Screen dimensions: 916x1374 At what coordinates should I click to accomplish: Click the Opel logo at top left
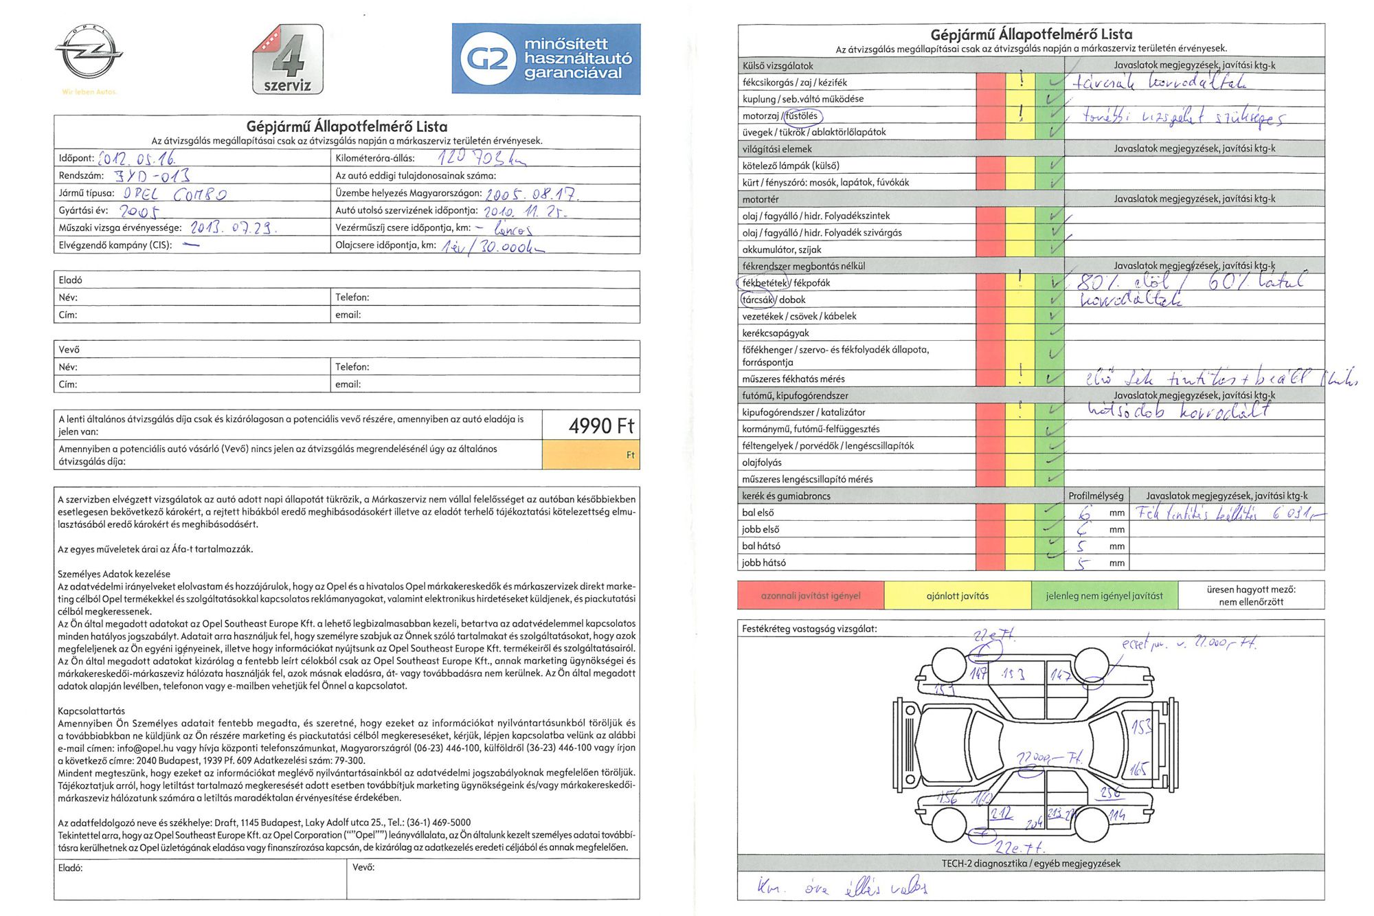(x=89, y=52)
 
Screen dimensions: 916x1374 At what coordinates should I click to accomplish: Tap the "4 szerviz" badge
(x=288, y=60)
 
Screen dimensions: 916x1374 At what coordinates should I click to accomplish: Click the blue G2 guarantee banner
(x=545, y=59)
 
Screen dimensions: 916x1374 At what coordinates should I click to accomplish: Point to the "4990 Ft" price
(x=600, y=426)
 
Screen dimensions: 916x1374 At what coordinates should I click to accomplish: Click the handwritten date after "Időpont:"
(x=137, y=159)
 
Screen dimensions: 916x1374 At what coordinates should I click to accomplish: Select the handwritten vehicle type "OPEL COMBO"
(x=174, y=194)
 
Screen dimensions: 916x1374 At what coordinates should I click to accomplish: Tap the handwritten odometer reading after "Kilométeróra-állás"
(x=481, y=158)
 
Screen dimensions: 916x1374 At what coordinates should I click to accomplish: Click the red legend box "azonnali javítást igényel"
(x=810, y=596)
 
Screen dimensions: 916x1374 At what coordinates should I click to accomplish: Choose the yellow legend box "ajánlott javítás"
(x=957, y=596)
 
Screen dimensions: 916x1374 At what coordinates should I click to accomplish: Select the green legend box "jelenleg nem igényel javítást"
(x=1104, y=596)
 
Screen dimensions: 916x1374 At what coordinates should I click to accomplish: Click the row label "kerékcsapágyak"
(x=776, y=333)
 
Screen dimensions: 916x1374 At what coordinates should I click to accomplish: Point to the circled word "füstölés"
(x=802, y=116)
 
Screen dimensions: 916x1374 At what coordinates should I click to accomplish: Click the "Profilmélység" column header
(x=1096, y=496)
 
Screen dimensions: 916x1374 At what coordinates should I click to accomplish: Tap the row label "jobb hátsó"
(x=764, y=563)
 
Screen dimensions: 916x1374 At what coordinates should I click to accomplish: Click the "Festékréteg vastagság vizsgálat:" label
(x=809, y=629)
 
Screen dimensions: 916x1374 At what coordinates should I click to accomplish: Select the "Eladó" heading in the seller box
(x=70, y=280)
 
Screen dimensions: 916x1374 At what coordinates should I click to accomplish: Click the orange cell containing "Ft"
(x=591, y=455)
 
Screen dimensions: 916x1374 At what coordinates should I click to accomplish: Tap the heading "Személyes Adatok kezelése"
(x=114, y=574)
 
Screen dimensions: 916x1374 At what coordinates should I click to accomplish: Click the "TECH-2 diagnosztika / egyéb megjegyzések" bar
(x=1030, y=864)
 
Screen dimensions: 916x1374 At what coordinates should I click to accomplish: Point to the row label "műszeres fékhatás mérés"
(x=793, y=379)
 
